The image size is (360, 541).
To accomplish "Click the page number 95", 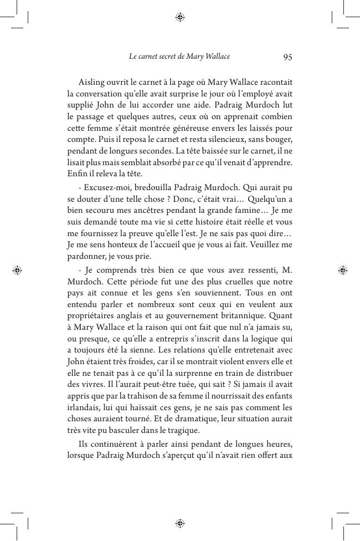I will [x=287, y=57].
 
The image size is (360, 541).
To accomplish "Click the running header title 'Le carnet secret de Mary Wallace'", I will [x=179, y=57].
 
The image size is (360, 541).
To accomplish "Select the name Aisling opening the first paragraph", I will [x=91, y=82].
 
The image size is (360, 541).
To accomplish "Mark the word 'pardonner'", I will [x=87, y=256].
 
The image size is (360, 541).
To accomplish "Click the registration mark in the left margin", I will [x=17, y=270].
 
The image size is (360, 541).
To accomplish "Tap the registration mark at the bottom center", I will [x=179, y=523].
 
